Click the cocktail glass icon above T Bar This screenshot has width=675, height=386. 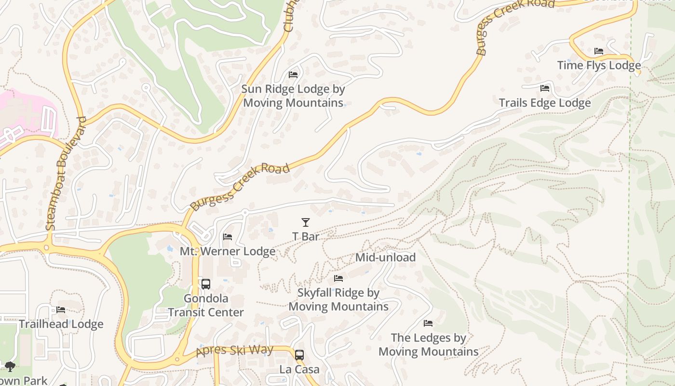305,222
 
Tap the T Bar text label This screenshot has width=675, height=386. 306,236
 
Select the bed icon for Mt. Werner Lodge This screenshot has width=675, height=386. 228,237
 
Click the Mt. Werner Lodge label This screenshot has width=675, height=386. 228,251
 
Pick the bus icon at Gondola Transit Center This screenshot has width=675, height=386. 206,284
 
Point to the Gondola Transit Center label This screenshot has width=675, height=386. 206,305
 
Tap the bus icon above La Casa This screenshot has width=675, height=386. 299,355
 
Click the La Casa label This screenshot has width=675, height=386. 299,370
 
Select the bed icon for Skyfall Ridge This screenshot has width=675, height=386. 338,278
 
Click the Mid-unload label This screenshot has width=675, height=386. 385,258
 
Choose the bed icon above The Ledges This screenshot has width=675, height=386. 428,323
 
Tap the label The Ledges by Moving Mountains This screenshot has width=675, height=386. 428,345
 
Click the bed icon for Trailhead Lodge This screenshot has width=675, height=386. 61,310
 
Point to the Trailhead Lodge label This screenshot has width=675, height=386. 61,324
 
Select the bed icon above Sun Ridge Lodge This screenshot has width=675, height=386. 293,75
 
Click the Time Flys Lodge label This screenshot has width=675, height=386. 599,66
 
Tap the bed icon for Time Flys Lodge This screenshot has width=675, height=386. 599,51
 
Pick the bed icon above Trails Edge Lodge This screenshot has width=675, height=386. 545,88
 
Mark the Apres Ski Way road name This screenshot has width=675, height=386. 235,351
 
